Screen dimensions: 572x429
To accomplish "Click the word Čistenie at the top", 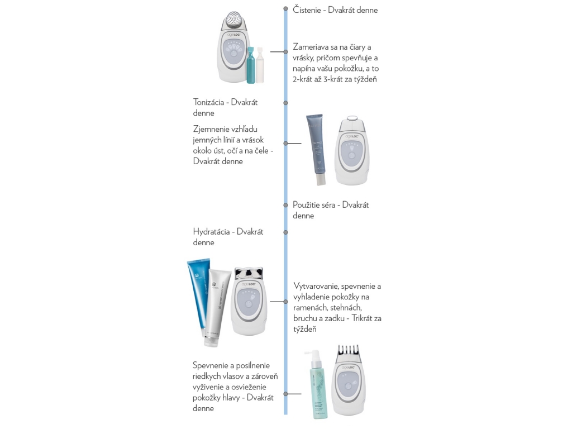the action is point(307,10).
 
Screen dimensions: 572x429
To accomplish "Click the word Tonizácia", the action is point(208,102).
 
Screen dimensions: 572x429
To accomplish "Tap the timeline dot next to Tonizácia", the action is point(285,103).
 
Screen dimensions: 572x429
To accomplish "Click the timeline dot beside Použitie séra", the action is point(285,205).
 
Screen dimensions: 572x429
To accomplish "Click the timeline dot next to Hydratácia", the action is point(285,232).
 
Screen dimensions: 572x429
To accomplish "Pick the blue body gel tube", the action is point(199,295).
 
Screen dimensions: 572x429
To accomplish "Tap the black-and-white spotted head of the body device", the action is point(249,273).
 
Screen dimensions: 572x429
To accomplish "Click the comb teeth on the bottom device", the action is point(348,352).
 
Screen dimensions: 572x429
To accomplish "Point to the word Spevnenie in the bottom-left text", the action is point(211,366).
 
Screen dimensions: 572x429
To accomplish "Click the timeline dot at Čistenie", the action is point(285,8).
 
